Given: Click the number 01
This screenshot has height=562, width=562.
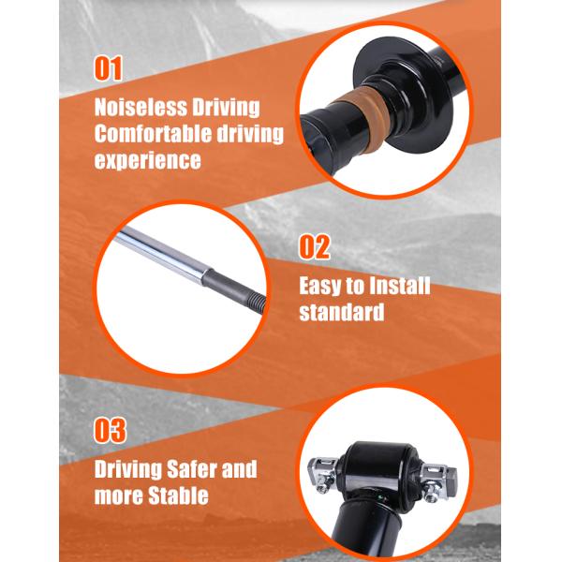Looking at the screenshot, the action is click(109, 67).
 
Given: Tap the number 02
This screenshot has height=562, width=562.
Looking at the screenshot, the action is click(315, 247).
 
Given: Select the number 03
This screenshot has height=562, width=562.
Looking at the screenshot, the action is click(110, 430).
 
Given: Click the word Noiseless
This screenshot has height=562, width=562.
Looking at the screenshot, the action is click(140, 107).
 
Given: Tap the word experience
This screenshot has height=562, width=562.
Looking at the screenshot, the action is click(148, 160).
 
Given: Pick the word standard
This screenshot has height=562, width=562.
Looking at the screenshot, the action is click(342, 312).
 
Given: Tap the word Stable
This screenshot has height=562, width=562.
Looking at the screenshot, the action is click(178, 495).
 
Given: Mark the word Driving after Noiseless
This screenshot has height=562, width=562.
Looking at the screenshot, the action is click(226, 108).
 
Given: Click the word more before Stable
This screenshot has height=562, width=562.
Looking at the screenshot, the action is click(119, 496).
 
